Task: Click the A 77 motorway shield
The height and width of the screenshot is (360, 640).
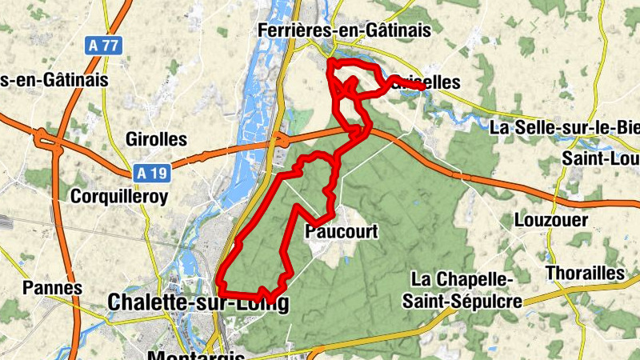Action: tap(104, 45)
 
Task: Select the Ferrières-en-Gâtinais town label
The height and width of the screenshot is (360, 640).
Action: tap(344, 30)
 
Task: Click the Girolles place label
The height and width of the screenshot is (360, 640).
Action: tap(156, 139)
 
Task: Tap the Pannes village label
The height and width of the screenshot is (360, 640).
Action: tap(53, 287)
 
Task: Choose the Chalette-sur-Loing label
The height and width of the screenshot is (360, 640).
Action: tap(197, 302)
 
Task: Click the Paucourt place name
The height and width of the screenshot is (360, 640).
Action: tap(341, 232)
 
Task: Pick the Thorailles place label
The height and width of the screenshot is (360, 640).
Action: tap(584, 273)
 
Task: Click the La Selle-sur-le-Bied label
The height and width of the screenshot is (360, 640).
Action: tap(564, 127)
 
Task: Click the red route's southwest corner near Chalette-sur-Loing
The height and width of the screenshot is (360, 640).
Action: tap(220, 283)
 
